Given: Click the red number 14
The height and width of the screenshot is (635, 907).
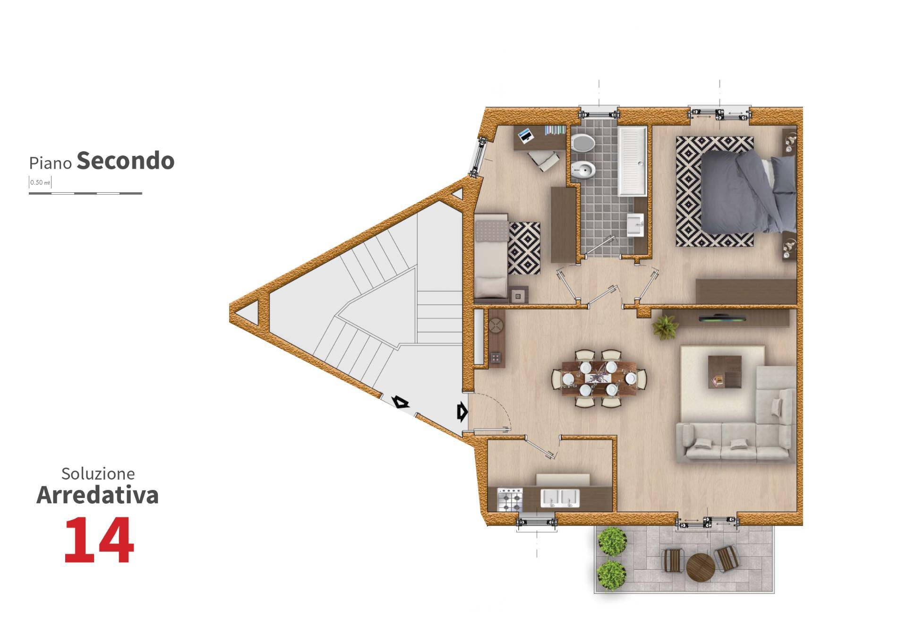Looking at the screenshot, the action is [99, 540].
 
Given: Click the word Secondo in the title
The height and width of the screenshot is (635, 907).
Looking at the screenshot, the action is [126, 161].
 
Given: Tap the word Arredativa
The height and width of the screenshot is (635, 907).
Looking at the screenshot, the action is [97, 495].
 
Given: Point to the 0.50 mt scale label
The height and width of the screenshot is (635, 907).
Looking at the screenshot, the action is [40, 182].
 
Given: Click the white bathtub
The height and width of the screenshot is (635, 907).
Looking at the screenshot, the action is [633, 161].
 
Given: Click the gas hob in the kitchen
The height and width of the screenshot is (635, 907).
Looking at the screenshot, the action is [511, 500].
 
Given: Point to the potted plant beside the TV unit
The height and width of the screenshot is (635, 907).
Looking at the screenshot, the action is [665, 327].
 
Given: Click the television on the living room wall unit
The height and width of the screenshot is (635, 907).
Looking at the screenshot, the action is [722, 317].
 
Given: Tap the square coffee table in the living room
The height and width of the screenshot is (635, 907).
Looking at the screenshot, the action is [725, 371].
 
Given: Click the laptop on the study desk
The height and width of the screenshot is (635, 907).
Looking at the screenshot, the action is [525, 136].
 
